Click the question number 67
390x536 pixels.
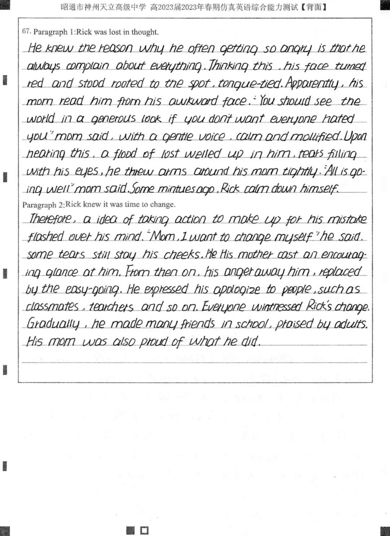(26, 31)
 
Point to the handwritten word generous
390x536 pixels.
(113, 119)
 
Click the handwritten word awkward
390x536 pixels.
(193, 101)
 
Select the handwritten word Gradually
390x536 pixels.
(52, 324)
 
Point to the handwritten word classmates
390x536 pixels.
(52, 307)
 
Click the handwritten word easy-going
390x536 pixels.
(92, 289)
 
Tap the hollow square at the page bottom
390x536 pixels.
(144, 530)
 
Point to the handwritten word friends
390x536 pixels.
(198, 324)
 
